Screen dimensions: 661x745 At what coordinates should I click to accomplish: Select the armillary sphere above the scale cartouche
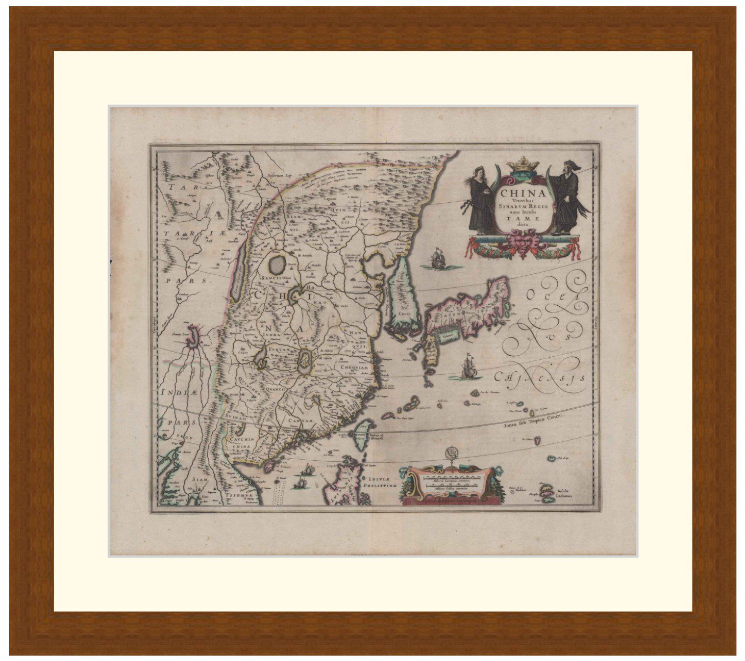click(451, 455)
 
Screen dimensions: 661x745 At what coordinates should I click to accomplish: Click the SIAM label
click(195, 480)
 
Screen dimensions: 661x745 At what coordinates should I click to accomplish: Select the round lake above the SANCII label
click(277, 263)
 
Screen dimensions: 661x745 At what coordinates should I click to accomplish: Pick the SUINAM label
click(237, 417)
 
